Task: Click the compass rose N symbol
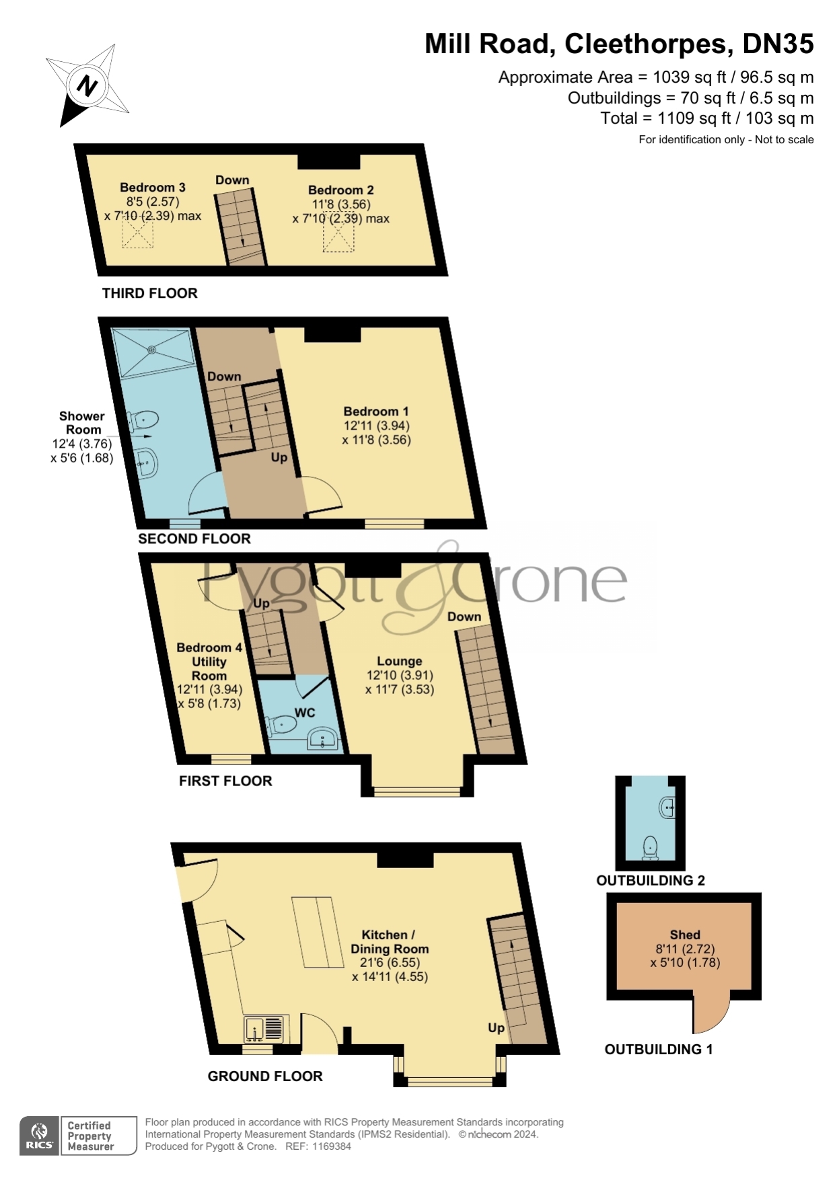[87, 85]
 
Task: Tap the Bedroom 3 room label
[153, 188]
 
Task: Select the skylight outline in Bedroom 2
[338, 235]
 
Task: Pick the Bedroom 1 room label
[376, 411]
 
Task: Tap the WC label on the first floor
[305, 713]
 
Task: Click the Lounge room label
[400, 661]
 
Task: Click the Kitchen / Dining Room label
[390, 942]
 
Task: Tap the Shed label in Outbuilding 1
[685, 935]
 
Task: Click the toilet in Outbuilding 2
[651, 848]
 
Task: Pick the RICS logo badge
[40, 1136]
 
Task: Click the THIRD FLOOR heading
[150, 293]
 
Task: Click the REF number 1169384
[330, 1146]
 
